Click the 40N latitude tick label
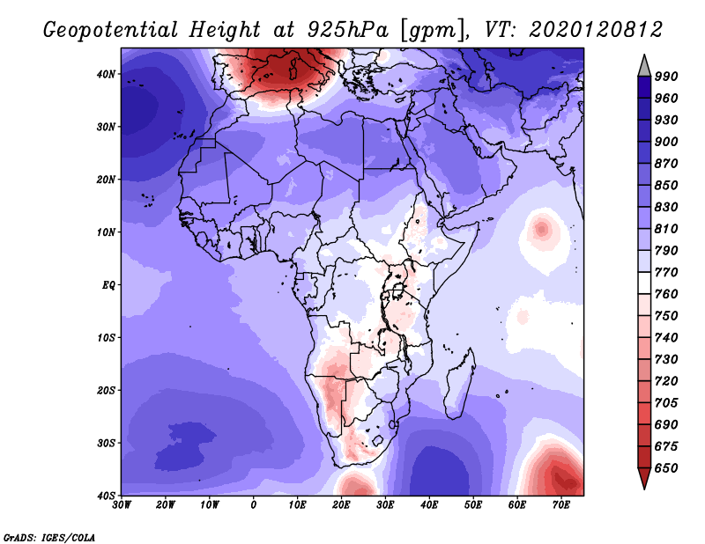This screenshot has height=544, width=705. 106,74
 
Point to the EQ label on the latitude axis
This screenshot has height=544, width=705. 108,285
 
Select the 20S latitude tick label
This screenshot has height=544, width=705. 106,390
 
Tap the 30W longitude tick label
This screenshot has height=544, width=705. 122,505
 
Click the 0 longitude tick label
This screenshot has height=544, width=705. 253,505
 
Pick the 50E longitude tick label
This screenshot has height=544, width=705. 473,505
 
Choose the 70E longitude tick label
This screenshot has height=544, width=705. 560,505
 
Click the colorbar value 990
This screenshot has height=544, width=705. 666,77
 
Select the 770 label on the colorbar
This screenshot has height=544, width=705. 666,272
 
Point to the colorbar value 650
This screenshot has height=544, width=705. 666,468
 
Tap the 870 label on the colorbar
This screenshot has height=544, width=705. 666,164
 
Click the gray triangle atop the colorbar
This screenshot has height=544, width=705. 644,68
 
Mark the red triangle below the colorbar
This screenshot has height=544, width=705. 644,477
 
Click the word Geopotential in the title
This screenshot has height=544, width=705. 111,30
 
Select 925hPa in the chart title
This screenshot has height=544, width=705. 347,30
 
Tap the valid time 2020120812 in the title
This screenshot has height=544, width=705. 596,30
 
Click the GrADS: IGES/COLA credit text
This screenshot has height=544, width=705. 49,537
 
